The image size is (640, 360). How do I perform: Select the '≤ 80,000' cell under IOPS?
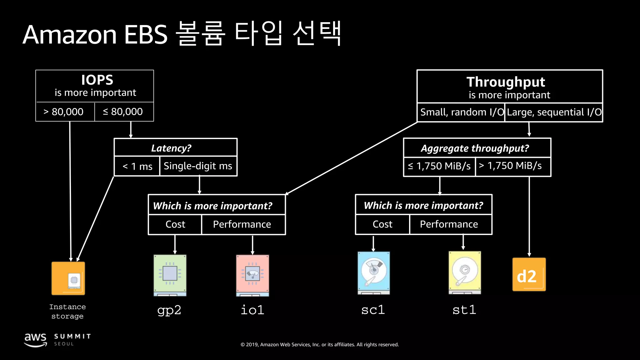point(123,112)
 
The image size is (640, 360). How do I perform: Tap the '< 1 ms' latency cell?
point(137,166)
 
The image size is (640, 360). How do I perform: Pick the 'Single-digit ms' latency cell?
point(198,166)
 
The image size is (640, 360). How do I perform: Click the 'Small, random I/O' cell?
point(461,112)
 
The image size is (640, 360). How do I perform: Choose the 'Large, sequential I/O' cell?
point(554,112)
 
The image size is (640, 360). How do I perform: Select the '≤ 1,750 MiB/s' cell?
point(439,166)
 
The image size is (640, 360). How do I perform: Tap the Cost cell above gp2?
point(175,224)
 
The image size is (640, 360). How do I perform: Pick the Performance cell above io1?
point(242,224)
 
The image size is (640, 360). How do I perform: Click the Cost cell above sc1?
point(382,224)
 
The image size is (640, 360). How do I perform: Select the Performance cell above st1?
point(449,224)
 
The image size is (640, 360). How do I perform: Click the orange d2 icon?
point(529,275)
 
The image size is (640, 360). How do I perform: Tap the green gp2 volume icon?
point(170,275)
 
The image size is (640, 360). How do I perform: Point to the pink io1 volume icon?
point(252,275)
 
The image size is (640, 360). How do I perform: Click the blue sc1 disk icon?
point(373,273)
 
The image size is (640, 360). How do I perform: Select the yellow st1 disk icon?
point(465,272)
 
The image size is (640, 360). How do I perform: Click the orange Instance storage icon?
point(68,278)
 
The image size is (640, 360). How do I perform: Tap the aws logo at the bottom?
point(35,340)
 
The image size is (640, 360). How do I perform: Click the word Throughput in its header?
point(506,82)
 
